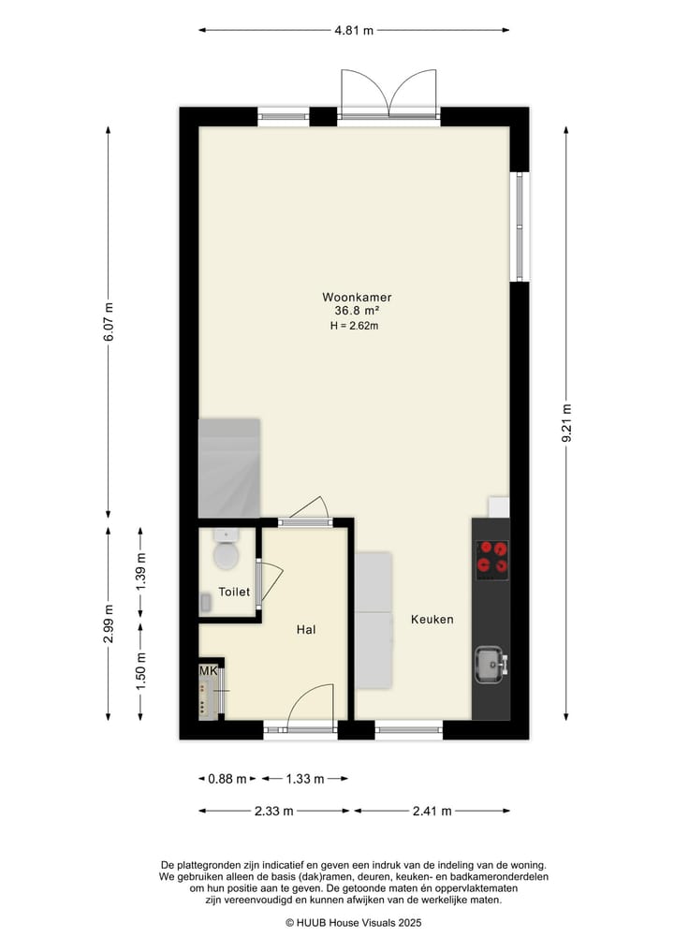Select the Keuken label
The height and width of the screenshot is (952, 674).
point(432,620)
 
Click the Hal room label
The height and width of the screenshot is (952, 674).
point(305,630)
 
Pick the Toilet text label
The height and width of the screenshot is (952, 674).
point(234,593)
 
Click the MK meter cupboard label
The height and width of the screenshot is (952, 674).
point(207,671)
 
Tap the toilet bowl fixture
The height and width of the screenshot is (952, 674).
point(227,554)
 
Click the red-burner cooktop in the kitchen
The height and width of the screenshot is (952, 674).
point(491,557)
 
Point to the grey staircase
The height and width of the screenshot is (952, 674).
point(229,467)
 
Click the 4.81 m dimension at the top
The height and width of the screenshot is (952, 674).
point(354,30)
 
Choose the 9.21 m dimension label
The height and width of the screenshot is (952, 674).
point(565,425)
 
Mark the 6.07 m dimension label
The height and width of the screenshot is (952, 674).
point(109,323)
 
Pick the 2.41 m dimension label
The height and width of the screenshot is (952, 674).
point(432,811)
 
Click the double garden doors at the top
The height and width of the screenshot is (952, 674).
point(389,96)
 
